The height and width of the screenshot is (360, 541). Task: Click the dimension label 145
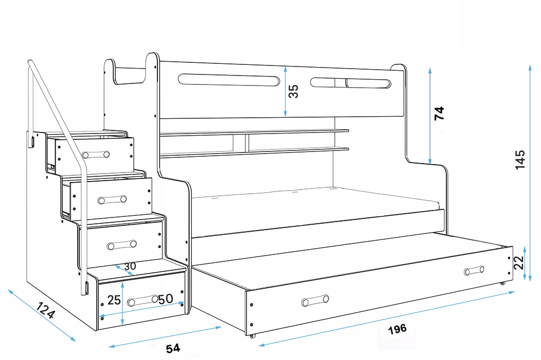[520, 159]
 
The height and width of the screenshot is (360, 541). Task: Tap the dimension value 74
[440, 113]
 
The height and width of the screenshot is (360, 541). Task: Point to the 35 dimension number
[294, 91]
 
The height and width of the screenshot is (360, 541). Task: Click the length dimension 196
[397, 329]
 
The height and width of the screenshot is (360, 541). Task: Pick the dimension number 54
[173, 348]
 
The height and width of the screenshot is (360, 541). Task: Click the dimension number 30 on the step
[130, 266]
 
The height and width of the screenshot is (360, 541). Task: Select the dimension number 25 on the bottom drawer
[114, 300]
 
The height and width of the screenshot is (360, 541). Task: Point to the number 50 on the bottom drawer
[166, 299]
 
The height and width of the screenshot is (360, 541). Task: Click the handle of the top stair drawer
[96, 155]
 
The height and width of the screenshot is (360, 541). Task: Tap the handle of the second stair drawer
[111, 200]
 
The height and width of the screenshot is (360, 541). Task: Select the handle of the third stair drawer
[122, 245]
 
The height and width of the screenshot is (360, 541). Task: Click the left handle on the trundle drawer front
[315, 301]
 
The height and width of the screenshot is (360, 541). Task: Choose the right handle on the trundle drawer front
[474, 271]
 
